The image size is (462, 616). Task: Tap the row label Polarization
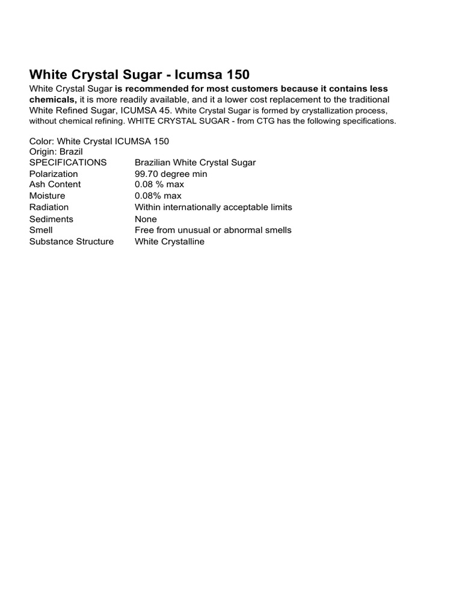(x=54, y=174)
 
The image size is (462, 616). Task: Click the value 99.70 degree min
(x=171, y=174)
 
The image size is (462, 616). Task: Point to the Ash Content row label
(x=55, y=185)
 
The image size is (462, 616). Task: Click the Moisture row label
(x=47, y=196)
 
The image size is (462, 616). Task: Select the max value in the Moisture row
(x=158, y=196)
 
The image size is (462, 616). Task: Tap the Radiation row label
(x=49, y=208)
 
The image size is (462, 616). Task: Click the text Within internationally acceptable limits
(x=213, y=208)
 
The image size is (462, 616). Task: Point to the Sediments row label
(x=51, y=219)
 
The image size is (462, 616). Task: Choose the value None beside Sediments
(x=146, y=219)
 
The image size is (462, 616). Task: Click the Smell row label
(x=41, y=230)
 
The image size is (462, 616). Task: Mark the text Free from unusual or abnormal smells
(x=213, y=230)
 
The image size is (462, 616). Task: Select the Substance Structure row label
(x=71, y=242)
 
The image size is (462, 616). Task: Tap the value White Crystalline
(x=170, y=242)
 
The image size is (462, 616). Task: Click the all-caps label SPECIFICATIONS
(x=68, y=162)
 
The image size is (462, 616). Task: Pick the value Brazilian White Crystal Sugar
(x=196, y=162)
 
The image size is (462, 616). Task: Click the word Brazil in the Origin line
(x=71, y=152)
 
